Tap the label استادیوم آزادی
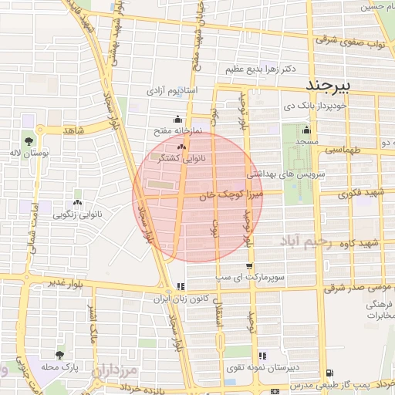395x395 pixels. tap(177, 91)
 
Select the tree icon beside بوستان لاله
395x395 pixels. tap(29, 142)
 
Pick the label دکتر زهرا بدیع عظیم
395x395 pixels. tap(261, 69)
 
